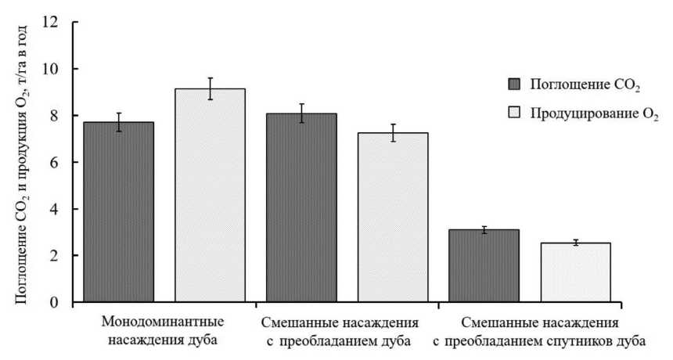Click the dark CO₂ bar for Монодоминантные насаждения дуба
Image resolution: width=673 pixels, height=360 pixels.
[119, 212]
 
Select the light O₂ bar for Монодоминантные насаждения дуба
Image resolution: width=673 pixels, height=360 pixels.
[210, 196]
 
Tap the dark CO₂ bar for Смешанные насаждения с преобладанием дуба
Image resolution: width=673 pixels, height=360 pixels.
[301, 208]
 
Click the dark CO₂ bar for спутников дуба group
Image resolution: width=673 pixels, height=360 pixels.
[484, 266]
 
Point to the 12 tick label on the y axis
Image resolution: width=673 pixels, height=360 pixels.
[51, 22]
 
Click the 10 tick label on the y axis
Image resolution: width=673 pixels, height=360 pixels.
[51, 69]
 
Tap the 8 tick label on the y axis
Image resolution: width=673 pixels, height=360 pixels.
[54, 116]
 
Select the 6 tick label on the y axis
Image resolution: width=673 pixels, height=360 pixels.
[54, 162]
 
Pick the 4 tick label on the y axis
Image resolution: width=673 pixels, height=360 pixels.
[54, 209]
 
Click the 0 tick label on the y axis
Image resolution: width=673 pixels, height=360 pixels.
[54, 302]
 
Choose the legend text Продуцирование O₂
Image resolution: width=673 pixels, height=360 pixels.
[594, 115]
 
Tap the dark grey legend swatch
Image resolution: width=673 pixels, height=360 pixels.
[514, 84]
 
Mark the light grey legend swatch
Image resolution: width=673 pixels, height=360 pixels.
[514, 114]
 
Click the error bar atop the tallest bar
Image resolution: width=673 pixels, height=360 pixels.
[210, 88]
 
